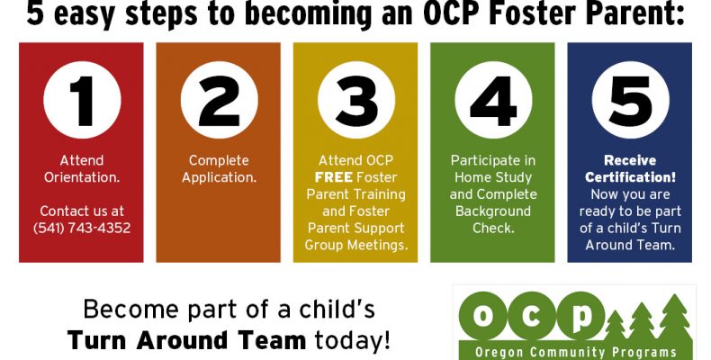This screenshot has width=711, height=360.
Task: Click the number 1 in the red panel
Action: pyautogui.click(x=82, y=101)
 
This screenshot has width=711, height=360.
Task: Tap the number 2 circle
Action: pyautogui.click(x=219, y=100)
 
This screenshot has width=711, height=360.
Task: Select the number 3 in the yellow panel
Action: pyautogui.click(x=356, y=101)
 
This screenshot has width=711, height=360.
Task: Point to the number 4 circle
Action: pyautogui.click(x=493, y=100)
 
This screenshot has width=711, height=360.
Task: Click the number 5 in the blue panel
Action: pyautogui.click(x=631, y=101)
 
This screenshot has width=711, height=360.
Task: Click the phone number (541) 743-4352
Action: pyautogui.click(x=82, y=228)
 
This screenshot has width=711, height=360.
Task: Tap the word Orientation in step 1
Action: pyautogui.click(x=82, y=177)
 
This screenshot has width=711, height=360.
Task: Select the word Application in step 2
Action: pyautogui.click(x=219, y=177)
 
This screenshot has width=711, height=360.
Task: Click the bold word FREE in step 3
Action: pyautogui.click(x=334, y=177)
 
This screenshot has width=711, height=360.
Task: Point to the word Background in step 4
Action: pyautogui.click(x=493, y=211)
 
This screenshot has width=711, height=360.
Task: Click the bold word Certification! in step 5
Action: pyautogui.click(x=630, y=177)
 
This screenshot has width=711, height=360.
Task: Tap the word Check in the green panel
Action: pyautogui.click(x=493, y=228)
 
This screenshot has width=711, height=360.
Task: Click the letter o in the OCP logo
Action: pyautogui.click(x=482, y=315)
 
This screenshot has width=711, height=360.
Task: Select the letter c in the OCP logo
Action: pyautogui.click(x=531, y=315)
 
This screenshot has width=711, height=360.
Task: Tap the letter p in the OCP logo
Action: pyautogui.click(x=581, y=317)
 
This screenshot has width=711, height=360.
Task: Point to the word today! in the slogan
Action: pyautogui.click(x=352, y=340)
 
